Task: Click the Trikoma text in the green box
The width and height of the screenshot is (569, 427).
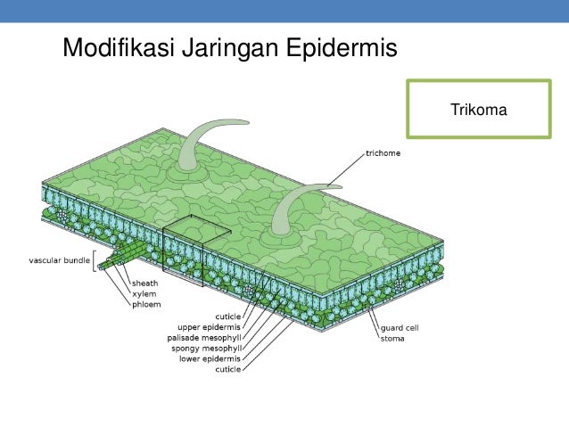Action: click(x=479, y=111)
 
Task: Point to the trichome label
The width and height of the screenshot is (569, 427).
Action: click(x=383, y=154)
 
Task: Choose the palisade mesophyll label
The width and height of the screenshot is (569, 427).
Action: click(x=204, y=338)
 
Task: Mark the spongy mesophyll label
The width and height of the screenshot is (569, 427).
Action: click(x=207, y=348)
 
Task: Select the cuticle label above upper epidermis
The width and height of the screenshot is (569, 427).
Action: click(x=227, y=316)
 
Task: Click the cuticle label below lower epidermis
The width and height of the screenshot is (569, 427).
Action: click(x=227, y=368)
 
